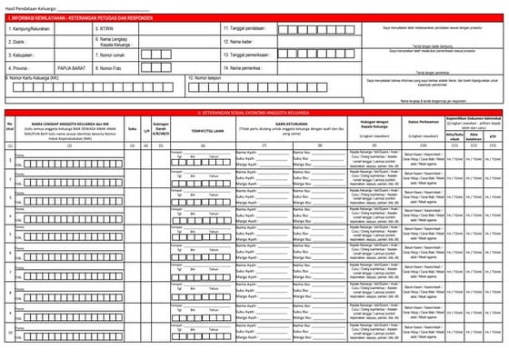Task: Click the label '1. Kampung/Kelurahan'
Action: [x=28, y=28]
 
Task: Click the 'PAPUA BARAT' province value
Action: [x=75, y=67]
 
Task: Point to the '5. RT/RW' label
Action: [x=105, y=28]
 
